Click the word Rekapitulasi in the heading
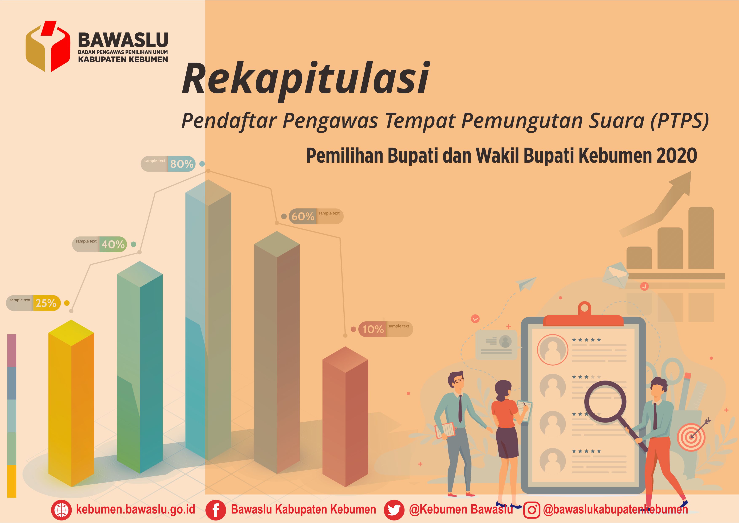point(305,79)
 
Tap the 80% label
point(182,164)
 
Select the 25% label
point(46,303)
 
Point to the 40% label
point(113,244)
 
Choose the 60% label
point(303,216)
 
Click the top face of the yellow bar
point(71,333)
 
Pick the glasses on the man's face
point(459,380)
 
